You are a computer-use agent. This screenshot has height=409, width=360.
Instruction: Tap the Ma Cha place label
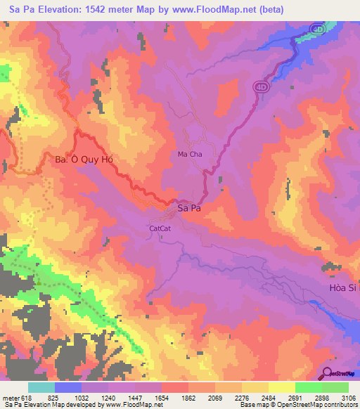[190, 154]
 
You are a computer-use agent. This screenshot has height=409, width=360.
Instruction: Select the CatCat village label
[160, 228]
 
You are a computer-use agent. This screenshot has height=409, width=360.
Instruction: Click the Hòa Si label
[344, 287]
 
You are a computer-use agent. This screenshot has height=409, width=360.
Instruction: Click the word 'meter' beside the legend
[12, 397]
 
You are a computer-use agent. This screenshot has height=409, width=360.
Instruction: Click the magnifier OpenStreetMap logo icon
[328, 374]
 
